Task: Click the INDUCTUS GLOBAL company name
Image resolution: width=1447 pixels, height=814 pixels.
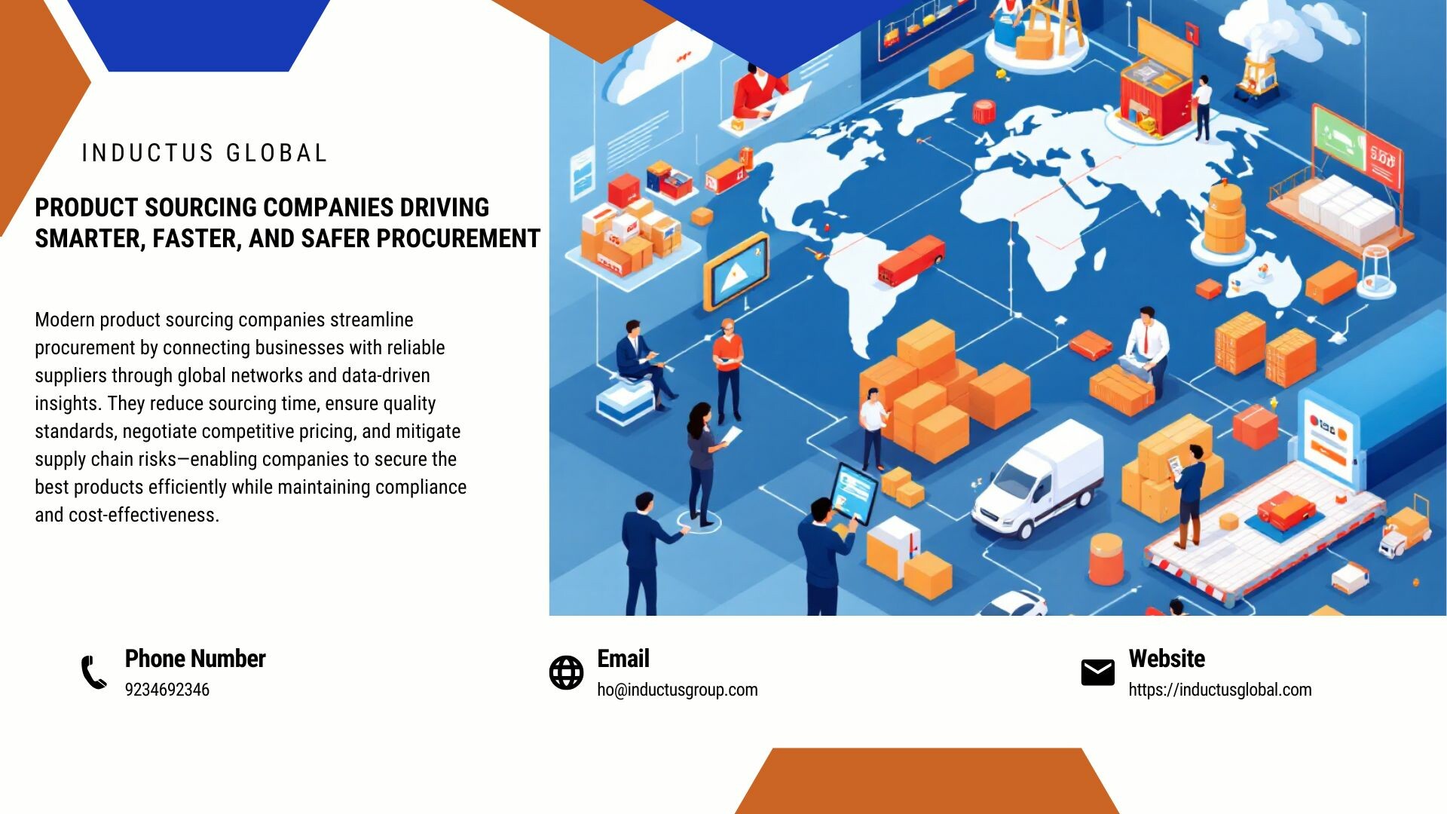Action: (x=204, y=153)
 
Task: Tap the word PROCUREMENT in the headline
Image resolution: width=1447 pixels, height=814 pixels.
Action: (x=458, y=239)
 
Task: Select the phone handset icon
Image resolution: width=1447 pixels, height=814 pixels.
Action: (x=94, y=672)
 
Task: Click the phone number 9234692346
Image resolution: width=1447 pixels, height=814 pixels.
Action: (x=167, y=690)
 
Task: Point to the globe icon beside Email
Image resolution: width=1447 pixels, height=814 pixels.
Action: (x=566, y=672)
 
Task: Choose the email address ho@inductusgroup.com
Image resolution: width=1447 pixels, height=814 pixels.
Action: (x=678, y=690)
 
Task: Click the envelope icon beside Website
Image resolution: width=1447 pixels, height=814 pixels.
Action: (x=1097, y=672)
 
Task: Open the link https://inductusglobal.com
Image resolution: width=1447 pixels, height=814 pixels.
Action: (x=1220, y=690)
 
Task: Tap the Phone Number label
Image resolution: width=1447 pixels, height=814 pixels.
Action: (x=195, y=659)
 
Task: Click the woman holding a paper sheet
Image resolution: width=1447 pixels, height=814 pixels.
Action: (x=705, y=464)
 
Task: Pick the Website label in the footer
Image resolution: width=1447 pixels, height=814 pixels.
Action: (x=1167, y=659)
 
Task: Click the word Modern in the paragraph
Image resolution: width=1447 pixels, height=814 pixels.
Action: (x=65, y=320)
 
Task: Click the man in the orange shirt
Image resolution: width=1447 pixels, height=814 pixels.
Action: (x=728, y=369)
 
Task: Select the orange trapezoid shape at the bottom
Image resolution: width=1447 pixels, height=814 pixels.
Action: (x=927, y=781)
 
